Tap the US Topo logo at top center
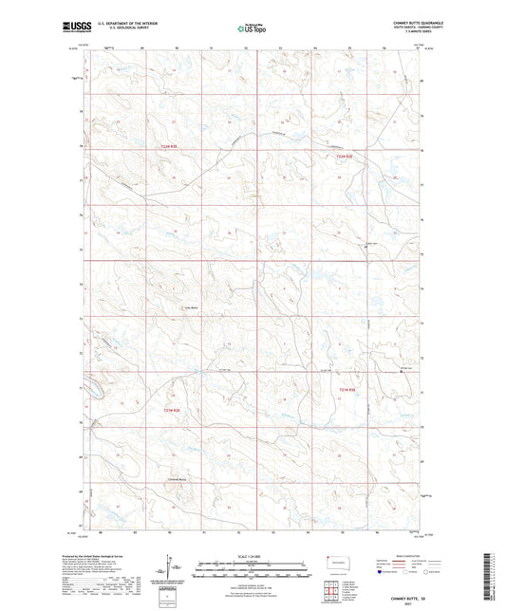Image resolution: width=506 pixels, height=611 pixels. click(x=252, y=29)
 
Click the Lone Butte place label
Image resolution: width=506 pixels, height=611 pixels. click(x=190, y=306)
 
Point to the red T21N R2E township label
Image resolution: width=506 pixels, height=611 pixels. click(x=170, y=410)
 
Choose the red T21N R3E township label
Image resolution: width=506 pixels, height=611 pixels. click(x=347, y=389)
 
